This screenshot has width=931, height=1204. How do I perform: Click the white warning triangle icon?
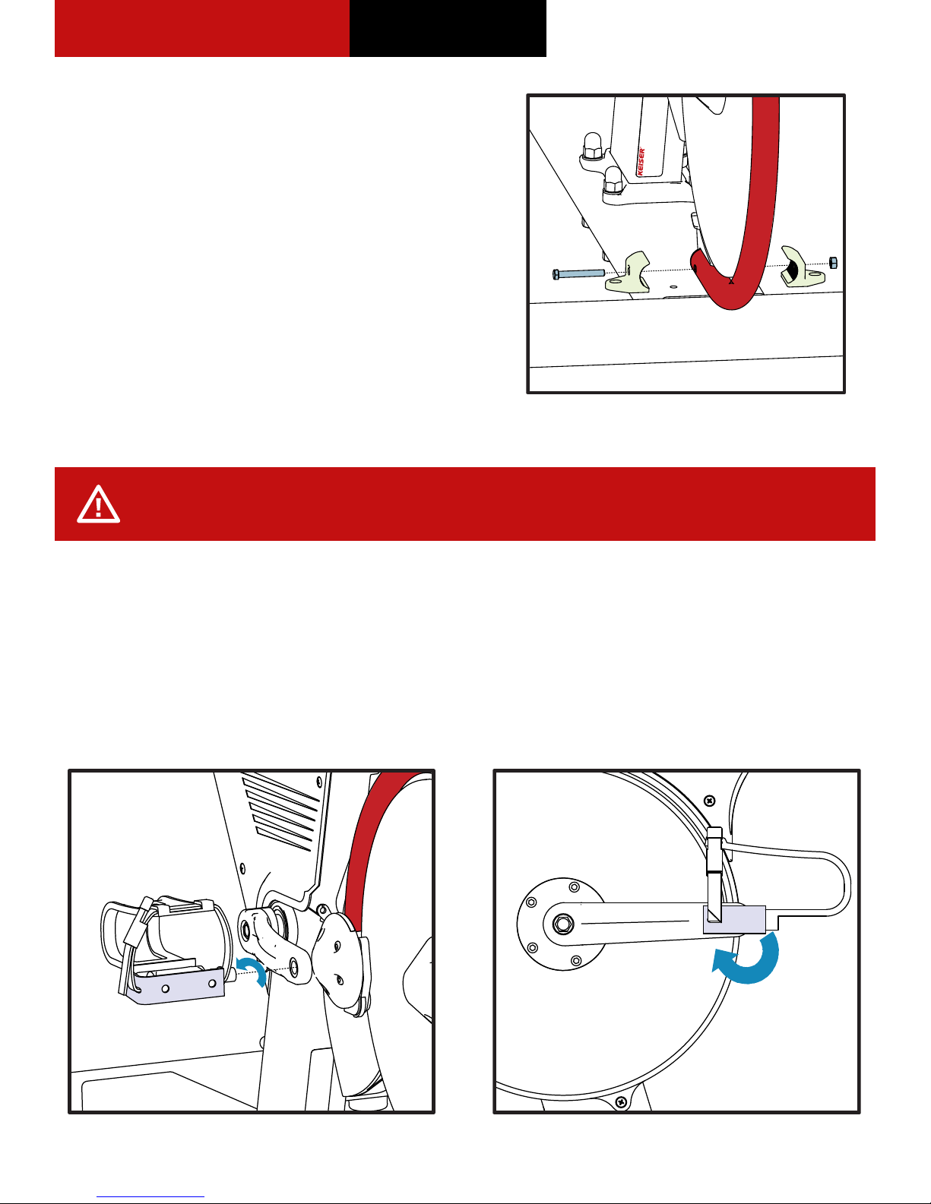(x=98, y=504)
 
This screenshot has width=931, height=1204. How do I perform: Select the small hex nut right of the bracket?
(x=832, y=263)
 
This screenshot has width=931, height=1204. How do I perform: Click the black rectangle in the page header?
(x=448, y=28)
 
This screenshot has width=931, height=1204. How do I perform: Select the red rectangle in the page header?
(x=201, y=28)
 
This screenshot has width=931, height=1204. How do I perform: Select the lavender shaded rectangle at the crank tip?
(x=734, y=919)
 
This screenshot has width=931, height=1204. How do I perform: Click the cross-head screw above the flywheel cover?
(x=710, y=801)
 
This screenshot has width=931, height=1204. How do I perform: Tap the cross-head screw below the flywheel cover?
(x=622, y=1101)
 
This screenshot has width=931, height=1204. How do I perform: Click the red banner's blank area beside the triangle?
(x=494, y=504)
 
